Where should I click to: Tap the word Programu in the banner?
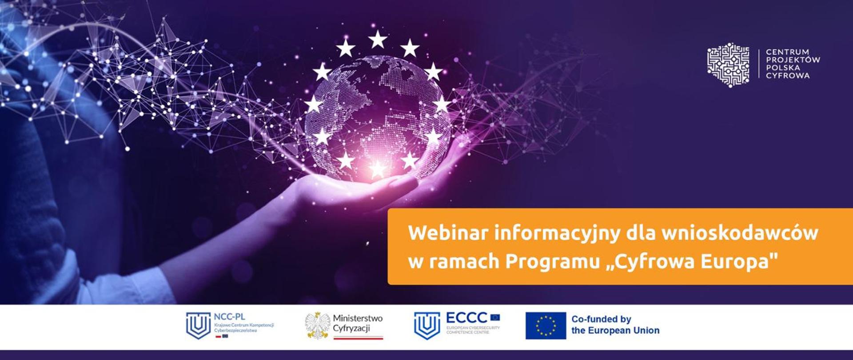[553, 262]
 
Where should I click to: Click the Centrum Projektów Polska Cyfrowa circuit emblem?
[728, 64]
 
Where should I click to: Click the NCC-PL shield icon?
[198, 325]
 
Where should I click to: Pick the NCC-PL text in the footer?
[229, 317]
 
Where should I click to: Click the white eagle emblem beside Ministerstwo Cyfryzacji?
[317, 325]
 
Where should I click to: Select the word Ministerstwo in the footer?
[358, 319]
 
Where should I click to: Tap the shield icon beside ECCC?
[427, 325]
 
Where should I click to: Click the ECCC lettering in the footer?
[466, 318]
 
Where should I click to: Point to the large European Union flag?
[546, 326]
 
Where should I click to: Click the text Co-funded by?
[601, 319]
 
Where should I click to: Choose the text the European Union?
[615, 331]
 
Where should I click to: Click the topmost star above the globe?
[378, 39]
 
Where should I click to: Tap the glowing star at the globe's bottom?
[378, 169]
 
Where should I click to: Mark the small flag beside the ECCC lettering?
[495, 317]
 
